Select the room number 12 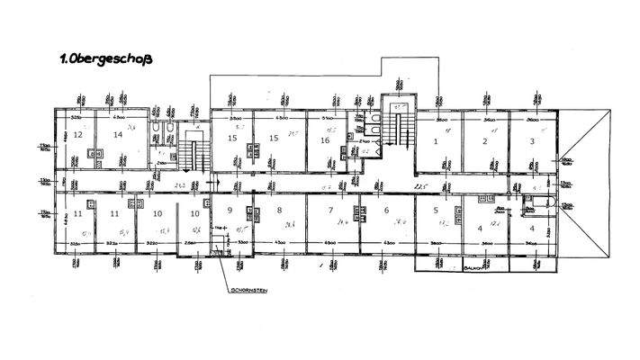(78, 135)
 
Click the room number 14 (117, 135)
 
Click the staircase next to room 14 (190, 148)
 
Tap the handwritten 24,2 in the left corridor (180, 185)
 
